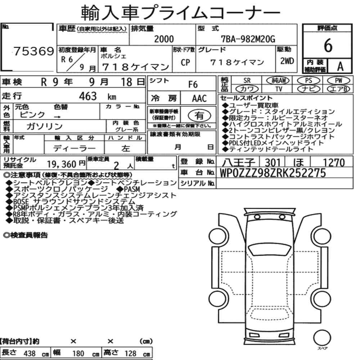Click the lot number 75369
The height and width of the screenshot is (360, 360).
pyautogui.click(x=33, y=51)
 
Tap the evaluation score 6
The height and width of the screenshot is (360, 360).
pyautogui.click(x=328, y=45)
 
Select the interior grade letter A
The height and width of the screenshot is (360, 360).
pyautogui.click(x=340, y=67)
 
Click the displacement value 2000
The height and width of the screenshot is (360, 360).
pyautogui.click(x=164, y=39)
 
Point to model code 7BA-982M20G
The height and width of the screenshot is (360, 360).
pyautogui.click(x=248, y=39)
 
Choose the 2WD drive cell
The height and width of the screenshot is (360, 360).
pyautogui.click(x=287, y=61)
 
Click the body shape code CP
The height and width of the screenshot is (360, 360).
pyautogui.click(x=185, y=62)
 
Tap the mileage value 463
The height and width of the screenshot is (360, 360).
pyautogui.click(x=88, y=96)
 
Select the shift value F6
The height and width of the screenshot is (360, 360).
pyautogui.click(x=193, y=85)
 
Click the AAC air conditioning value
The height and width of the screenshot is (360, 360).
pyautogui.click(x=199, y=99)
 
